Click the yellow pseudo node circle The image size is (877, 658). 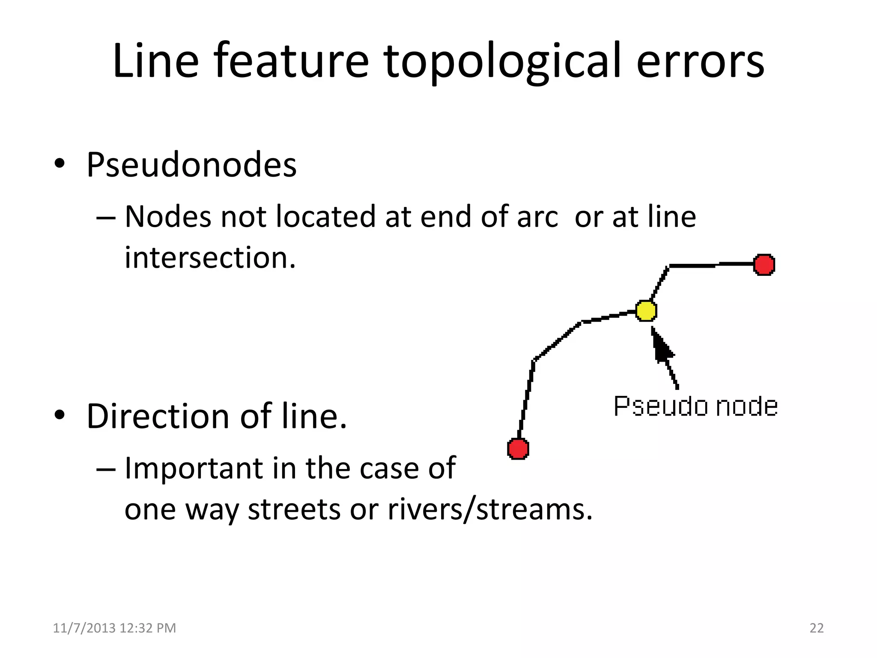tap(646, 311)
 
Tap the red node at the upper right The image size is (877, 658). tap(764, 265)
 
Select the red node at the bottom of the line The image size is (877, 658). tap(518, 449)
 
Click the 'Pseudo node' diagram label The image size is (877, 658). tap(695, 407)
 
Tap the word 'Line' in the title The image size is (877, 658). tap(155, 61)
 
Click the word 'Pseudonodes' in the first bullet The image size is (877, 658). tap(191, 165)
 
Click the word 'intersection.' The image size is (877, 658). tap(210, 258)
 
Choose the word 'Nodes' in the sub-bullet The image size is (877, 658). tap(168, 217)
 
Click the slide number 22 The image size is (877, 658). tap(816, 628)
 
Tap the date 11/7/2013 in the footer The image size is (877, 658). tap(84, 628)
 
